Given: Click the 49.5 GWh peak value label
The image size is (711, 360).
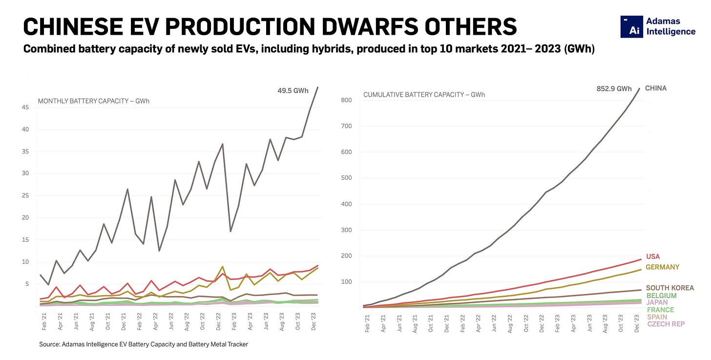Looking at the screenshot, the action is click(293, 91).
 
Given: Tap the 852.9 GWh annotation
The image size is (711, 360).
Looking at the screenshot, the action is click(614, 89).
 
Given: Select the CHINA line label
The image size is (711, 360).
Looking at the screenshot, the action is click(656, 88).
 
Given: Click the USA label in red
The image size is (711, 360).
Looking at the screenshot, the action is click(653, 256).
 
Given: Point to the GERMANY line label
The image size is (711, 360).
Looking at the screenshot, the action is click(663, 267).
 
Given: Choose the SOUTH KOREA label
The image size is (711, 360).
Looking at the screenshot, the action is click(670, 288).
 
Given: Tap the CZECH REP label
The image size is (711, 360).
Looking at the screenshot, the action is click(666, 324).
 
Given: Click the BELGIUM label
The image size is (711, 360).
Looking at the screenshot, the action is click(662, 296).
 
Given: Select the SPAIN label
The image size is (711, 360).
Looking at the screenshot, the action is click(657, 317).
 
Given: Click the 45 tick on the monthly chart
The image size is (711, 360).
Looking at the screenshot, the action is click(25, 107).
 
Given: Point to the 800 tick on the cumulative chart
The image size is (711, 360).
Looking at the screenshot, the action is click(347, 100).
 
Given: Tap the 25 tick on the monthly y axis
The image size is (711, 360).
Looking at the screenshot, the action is click(25, 195).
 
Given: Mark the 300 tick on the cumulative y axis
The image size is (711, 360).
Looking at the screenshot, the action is click(347, 230).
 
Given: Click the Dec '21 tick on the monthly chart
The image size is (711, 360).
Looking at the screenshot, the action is click(123, 321).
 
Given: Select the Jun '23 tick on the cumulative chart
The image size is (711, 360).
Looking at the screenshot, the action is click(589, 323).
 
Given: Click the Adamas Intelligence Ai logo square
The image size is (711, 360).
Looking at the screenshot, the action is click(632, 27).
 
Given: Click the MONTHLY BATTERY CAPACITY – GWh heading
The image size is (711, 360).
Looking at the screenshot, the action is click(94, 101).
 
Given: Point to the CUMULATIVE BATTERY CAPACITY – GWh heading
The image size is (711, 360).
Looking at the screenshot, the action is click(424, 95).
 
